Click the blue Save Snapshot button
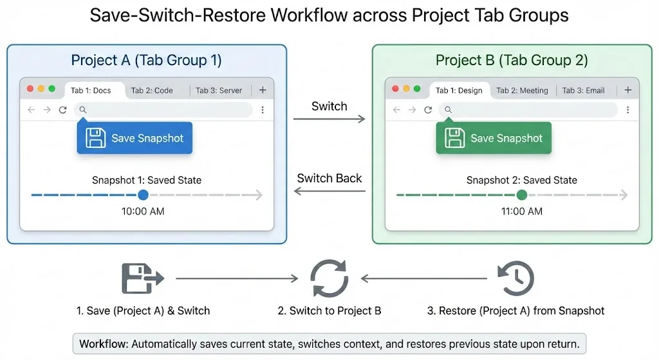(x=135, y=138)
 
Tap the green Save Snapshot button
(x=494, y=138)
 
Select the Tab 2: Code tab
(x=152, y=91)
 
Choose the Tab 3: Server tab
(x=219, y=91)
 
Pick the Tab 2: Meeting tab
(x=522, y=91)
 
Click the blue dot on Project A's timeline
(x=143, y=194)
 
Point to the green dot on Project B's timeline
(x=521, y=194)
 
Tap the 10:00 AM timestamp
(x=143, y=211)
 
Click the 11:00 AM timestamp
(x=521, y=211)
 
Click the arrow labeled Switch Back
(x=329, y=191)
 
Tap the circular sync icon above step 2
(x=329, y=278)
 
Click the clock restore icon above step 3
(x=515, y=278)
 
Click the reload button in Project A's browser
(x=62, y=110)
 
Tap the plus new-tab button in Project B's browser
(x=627, y=90)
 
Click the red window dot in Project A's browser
(x=30, y=89)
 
